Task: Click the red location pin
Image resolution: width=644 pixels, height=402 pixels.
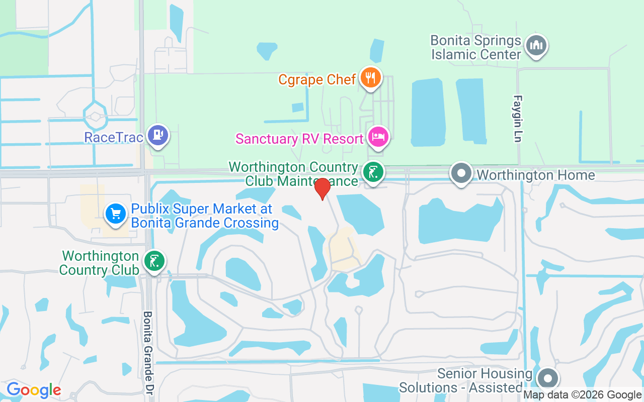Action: coord(322,188)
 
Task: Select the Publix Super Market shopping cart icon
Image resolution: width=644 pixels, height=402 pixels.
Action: coord(116,214)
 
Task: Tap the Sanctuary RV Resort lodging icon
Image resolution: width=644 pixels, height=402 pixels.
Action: coord(378,137)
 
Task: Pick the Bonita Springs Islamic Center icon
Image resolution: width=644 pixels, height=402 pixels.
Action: coord(536,45)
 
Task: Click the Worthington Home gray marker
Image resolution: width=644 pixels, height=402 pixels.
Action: coord(461,173)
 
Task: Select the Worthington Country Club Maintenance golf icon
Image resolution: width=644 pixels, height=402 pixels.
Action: coord(373,172)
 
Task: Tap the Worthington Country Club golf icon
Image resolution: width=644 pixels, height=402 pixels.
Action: coord(153,261)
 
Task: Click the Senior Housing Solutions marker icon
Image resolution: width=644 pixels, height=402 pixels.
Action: coord(547,378)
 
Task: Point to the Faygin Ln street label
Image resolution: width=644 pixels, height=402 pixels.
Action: coord(517,119)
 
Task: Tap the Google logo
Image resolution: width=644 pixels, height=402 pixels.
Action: coord(34,390)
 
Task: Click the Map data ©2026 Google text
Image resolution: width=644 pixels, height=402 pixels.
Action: coord(582,395)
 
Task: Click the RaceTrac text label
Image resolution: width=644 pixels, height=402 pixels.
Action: coord(114,137)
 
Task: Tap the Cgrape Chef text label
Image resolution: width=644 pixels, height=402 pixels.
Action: coord(317,79)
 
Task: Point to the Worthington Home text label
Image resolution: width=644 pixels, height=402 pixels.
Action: coord(536,175)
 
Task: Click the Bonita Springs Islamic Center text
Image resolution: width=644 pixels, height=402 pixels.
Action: coord(475,47)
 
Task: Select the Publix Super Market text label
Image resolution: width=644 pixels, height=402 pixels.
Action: coord(205,216)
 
